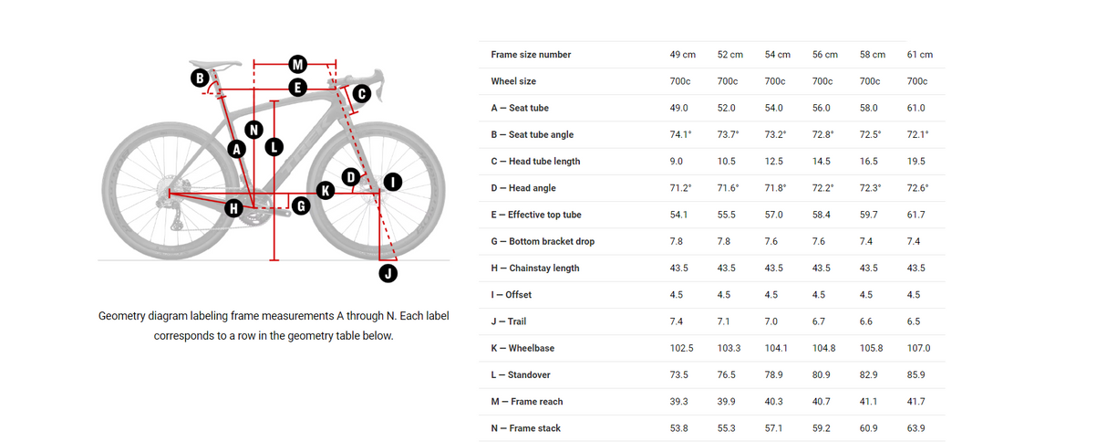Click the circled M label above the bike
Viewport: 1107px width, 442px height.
coord(297,64)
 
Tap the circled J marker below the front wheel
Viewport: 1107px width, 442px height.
coord(388,273)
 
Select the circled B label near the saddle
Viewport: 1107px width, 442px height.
coord(200,79)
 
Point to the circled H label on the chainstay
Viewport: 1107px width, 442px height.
coord(233,208)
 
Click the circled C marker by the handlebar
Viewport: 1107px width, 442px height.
coord(362,93)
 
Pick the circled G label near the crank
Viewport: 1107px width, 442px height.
coord(301,205)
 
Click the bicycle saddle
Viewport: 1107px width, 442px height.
coord(215,64)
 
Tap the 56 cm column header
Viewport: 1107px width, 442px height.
coord(825,55)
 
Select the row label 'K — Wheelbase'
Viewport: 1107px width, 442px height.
coord(522,348)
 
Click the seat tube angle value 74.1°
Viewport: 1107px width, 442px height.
coord(680,134)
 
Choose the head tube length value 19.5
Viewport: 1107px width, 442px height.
coord(916,161)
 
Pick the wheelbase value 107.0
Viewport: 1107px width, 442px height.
coord(918,348)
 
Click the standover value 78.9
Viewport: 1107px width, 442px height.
coord(773,374)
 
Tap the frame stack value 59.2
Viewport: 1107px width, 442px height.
coord(821,428)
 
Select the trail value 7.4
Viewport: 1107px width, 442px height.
coord(676,321)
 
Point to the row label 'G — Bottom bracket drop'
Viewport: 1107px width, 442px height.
coord(543,241)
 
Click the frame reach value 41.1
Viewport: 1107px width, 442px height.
coord(868,402)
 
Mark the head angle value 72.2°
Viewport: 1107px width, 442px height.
coord(822,187)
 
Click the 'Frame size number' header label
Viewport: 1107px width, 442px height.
coord(531,55)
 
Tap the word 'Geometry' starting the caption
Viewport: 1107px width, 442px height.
coord(121,316)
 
